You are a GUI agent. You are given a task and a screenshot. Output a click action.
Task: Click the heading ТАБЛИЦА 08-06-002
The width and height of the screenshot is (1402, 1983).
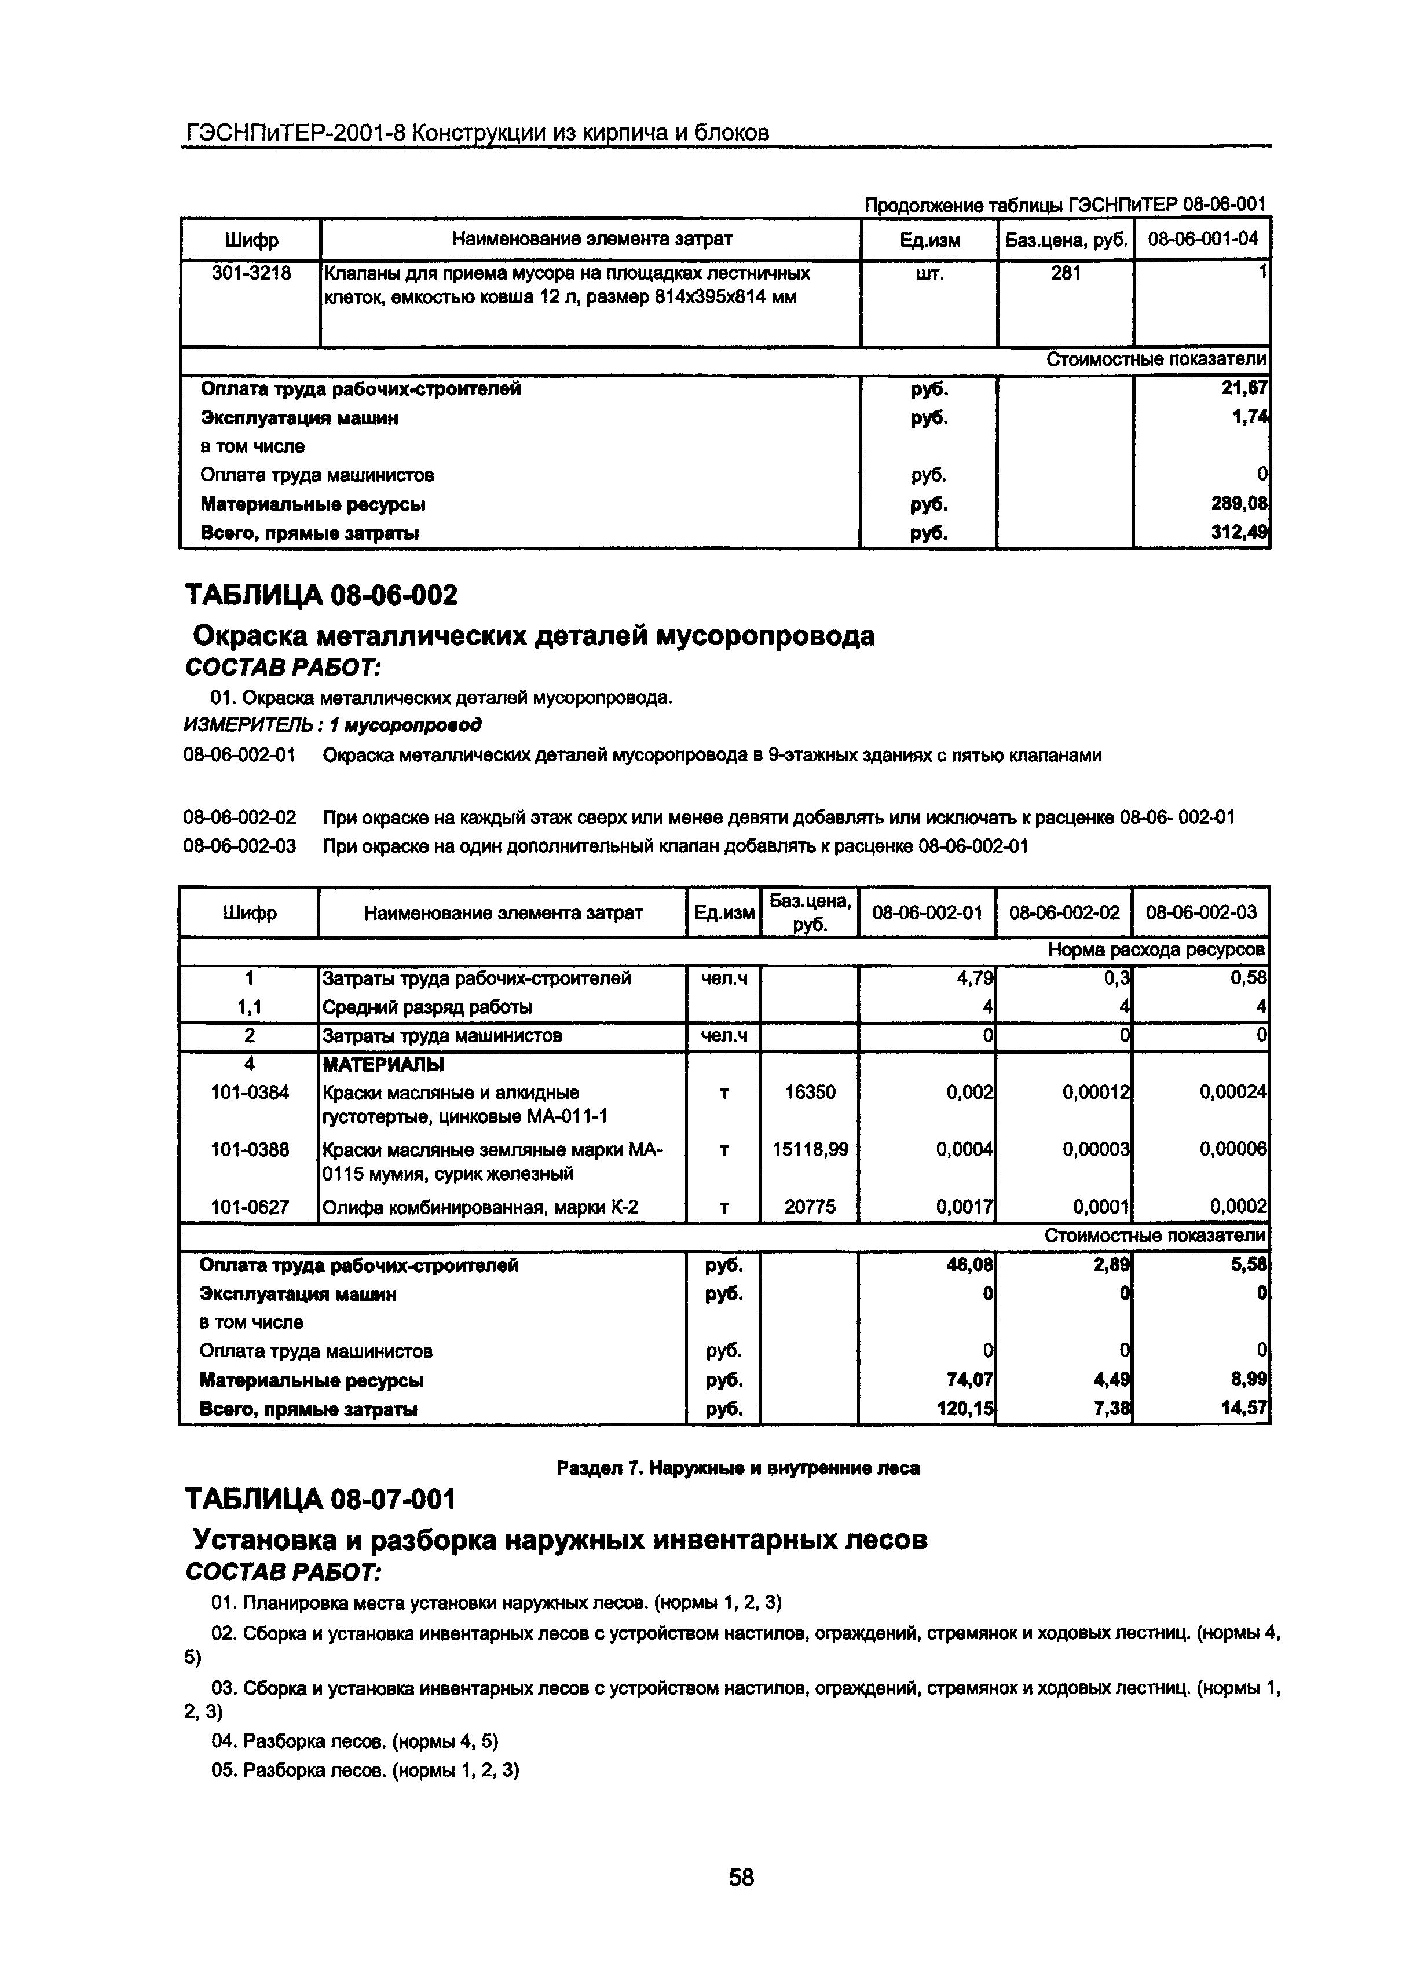pyautogui.click(x=321, y=595)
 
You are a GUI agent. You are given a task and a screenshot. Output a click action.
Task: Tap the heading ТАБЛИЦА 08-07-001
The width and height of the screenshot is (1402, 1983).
pyautogui.click(x=320, y=1500)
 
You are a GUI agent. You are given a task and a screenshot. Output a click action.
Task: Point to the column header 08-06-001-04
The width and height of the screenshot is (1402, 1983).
pyautogui.click(x=1202, y=239)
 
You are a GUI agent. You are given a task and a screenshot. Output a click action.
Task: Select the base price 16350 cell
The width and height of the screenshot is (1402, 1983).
pyautogui.click(x=810, y=1093)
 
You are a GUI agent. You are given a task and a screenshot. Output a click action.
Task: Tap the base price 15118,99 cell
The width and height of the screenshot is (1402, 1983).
pyautogui.click(x=810, y=1149)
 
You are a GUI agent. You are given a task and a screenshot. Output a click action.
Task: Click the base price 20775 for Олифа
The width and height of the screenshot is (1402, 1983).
pyautogui.click(x=810, y=1207)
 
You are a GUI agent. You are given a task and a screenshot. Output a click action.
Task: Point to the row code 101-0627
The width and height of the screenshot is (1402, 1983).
pyautogui.click(x=250, y=1207)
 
